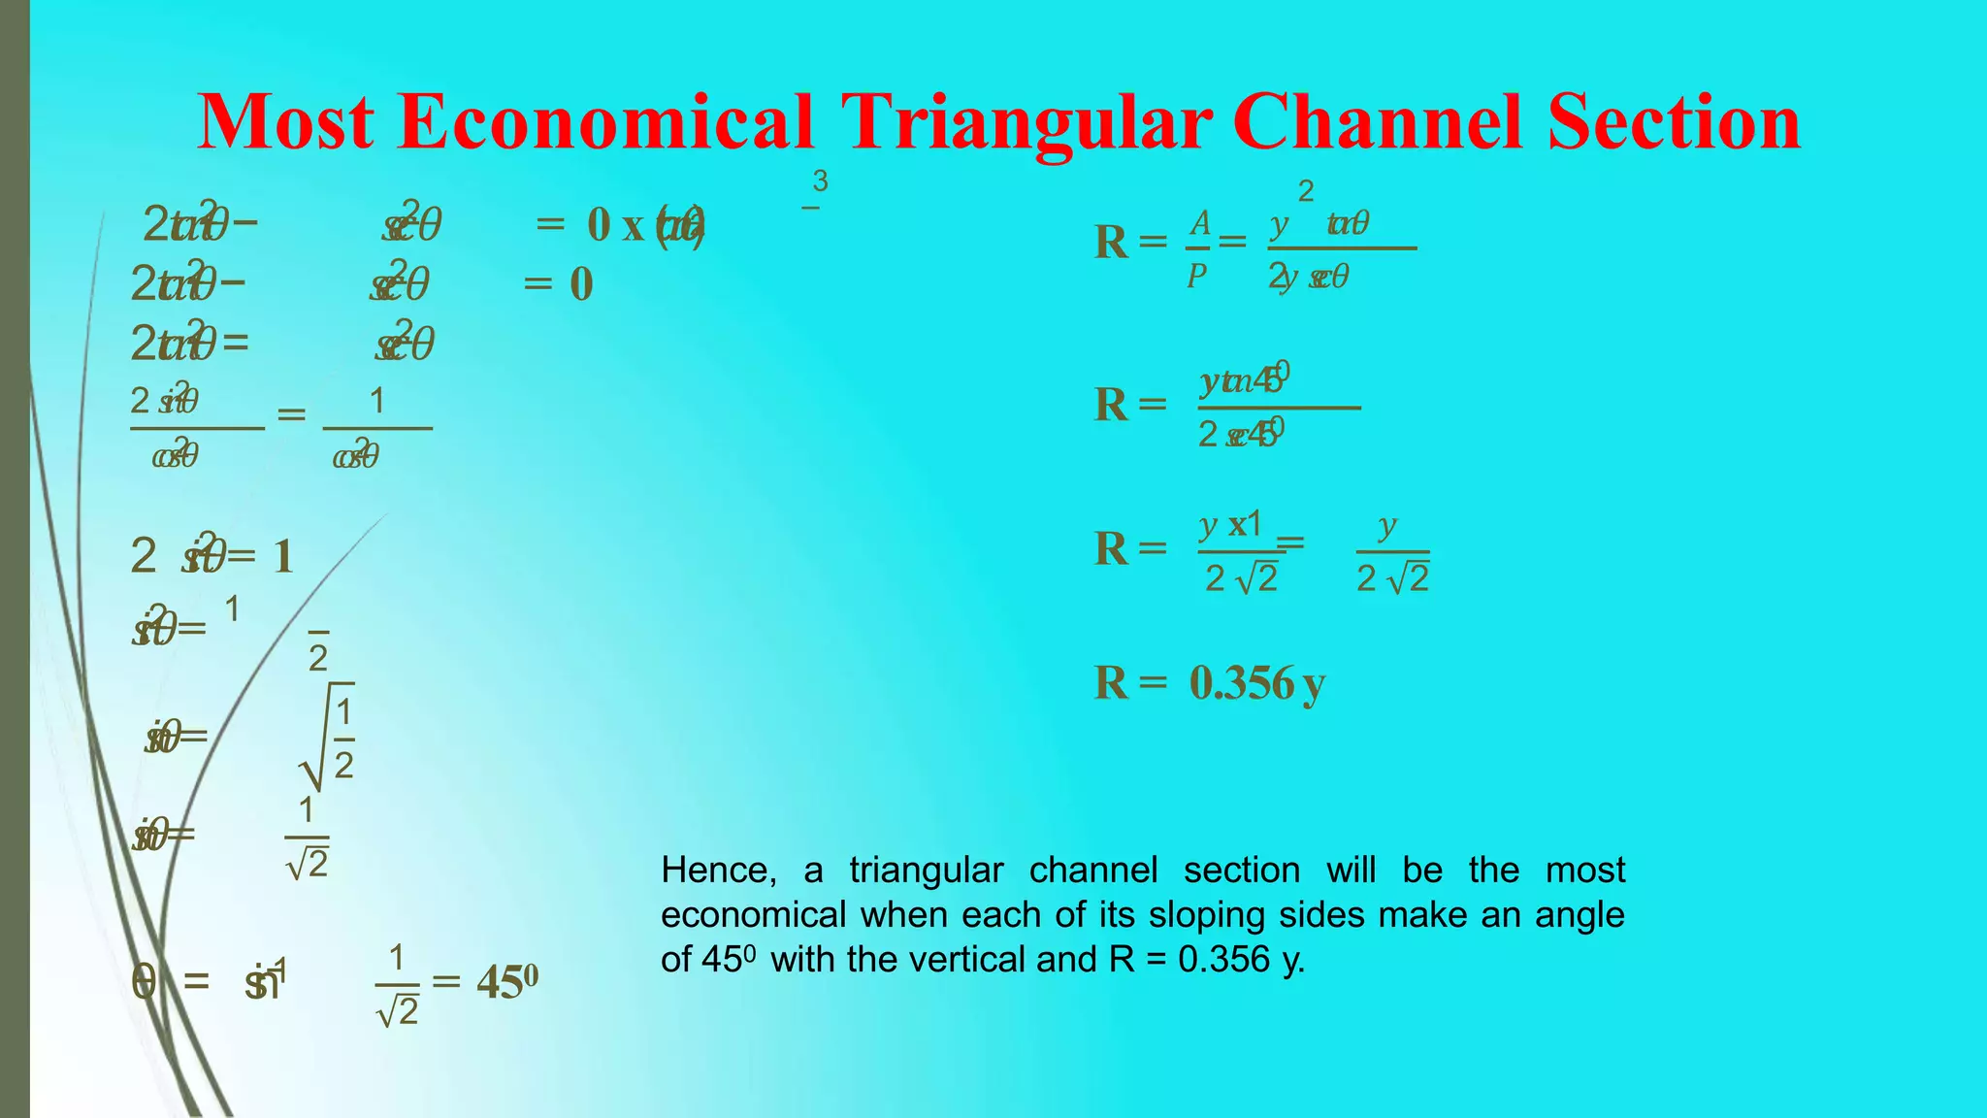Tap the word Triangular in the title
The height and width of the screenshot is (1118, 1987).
click(x=1026, y=123)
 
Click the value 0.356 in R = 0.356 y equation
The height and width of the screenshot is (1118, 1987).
click(x=1242, y=683)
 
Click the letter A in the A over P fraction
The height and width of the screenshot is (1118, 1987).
click(x=1200, y=223)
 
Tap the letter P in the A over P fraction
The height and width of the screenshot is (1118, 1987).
click(x=1197, y=277)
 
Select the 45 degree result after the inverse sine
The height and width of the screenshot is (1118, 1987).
click(x=506, y=982)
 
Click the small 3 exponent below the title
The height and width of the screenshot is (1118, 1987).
click(x=820, y=181)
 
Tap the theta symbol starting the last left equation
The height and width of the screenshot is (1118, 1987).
click(x=144, y=982)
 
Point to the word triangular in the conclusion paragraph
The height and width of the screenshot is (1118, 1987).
click(x=926, y=871)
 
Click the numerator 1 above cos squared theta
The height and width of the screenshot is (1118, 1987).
click(x=376, y=401)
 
